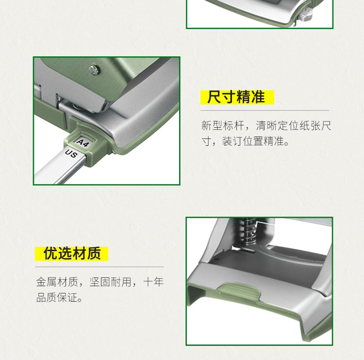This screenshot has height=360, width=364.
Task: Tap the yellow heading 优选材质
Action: point(72,253)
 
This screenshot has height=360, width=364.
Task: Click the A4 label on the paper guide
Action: point(83,143)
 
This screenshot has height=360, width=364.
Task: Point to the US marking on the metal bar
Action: point(71,154)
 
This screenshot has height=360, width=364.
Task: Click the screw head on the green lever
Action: point(94,70)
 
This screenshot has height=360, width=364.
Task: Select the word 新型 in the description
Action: point(212,126)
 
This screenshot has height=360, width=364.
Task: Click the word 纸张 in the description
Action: point(310,126)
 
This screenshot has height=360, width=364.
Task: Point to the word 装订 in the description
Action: point(232,141)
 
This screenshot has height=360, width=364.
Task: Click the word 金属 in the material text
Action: point(47,282)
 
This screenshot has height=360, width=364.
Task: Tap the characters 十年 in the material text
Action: point(153,282)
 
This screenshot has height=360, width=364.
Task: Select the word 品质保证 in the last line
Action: point(57,297)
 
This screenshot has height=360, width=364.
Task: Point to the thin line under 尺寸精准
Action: point(265,110)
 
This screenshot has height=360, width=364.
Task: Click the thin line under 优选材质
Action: point(99,267)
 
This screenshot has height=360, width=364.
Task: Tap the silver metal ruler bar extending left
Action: point(58,167)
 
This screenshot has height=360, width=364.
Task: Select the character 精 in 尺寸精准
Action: point(243,97)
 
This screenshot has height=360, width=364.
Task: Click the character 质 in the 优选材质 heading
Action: point(94,253)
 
